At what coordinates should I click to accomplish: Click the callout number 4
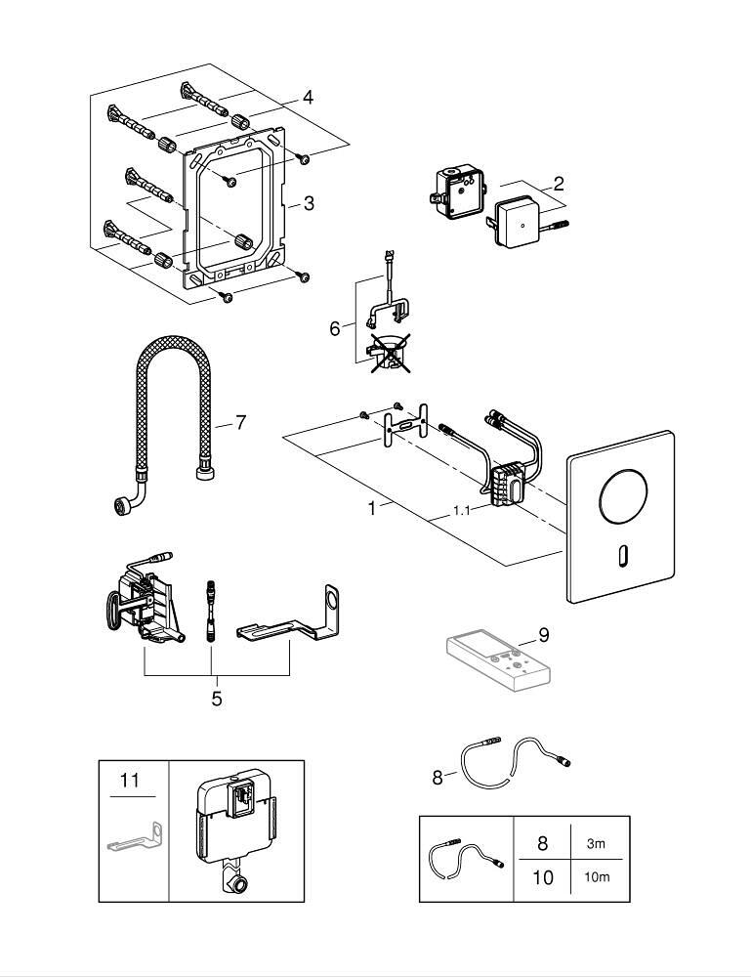pyautogui.click(x=308, y=97)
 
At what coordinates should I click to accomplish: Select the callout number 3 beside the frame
pyautogui.click(x=309, y=203)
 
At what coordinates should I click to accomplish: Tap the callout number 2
pyautogui.click(x=558, y=183)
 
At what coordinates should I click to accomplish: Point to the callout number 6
pyautogui.click(x=335, y=328)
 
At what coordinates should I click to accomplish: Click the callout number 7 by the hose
pyautogui.click(x=240, y=423)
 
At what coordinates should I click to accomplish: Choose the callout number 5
pyautogui.click(x=216, y=699)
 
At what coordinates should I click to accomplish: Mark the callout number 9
pyautogui.click(x=544, y=635)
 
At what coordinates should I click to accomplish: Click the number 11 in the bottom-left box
pyautogui.click(x=130, y=780)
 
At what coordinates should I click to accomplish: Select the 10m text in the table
pyautogui.click(x=597, y=876)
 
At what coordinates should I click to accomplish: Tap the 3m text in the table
pyautogui.click(x=597, y=841)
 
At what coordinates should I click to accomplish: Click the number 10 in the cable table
pyautogui.click(x=543, y=876)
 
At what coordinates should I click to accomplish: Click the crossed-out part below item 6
pyautogui.click(x=388, y=352)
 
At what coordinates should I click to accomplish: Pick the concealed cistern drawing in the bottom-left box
pyautogui.click(x=235, y=829)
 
